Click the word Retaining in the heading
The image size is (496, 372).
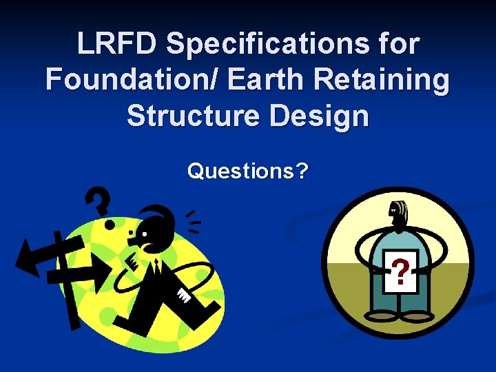coord(391,81)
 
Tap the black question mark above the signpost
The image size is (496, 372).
coord(99,201)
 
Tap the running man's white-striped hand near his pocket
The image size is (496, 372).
coord(184,296)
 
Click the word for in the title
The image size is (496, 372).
coord(399,45)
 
